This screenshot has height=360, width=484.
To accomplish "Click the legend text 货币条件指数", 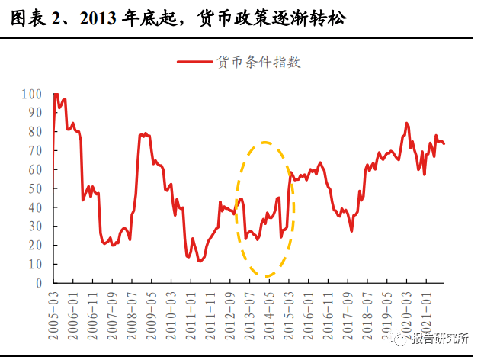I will click(x=259, y=63).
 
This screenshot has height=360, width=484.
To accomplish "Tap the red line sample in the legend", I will click(x=195, y=63).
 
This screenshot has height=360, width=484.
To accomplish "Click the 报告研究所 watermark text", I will click(x=441, y=340).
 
